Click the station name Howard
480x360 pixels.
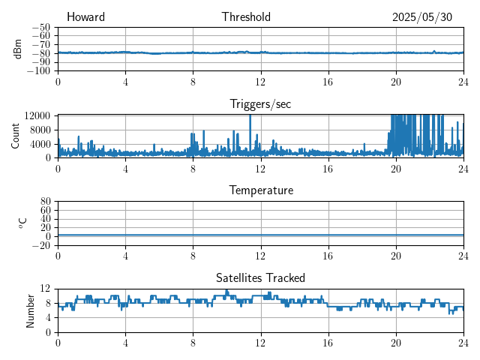(x=85, y=17)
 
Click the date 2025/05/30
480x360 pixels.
(x=422, y=17)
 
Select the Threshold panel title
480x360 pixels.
(x=246, y=17)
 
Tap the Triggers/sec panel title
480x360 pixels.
(x=260, y=104)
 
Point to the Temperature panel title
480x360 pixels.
(x=261, y=190)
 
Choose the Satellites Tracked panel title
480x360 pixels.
(x=260, y=277)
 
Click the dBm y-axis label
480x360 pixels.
(x=17, y=49)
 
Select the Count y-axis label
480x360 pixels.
(x=15, y=136)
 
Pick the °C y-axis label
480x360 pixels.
(x=22, y=223)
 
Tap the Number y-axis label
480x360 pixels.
(x=30, y=310)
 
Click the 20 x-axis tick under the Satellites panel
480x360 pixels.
(x=396, y=342)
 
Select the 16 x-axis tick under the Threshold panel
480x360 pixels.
(x=328, y=82)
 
